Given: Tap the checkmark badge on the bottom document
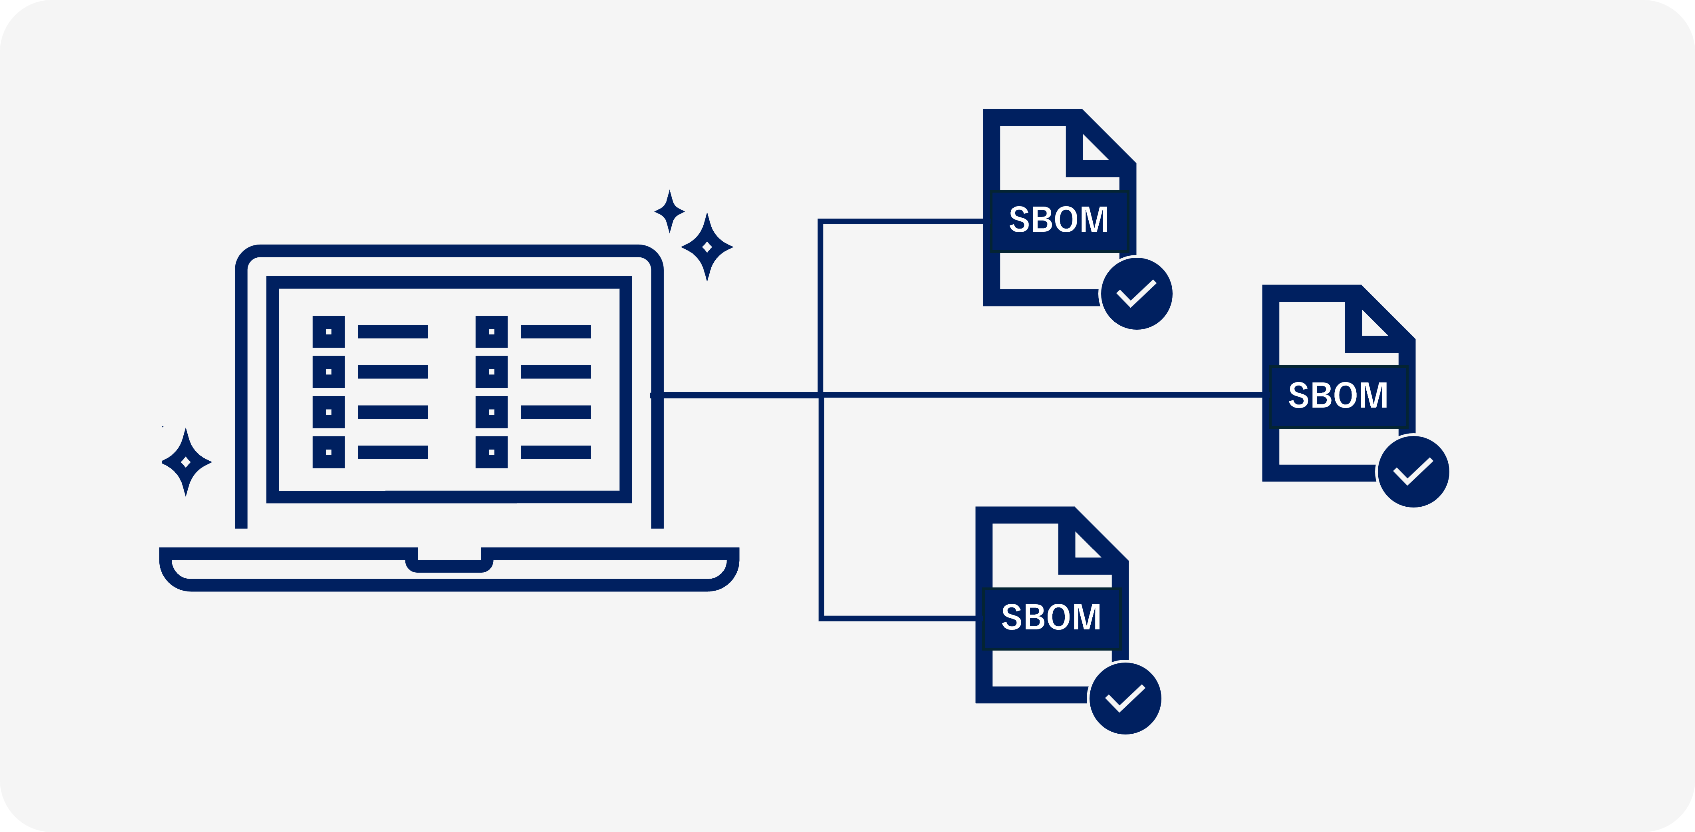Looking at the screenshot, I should (1125, 699).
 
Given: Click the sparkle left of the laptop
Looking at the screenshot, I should (186, 462).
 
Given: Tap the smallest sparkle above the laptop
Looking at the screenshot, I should (670, 211).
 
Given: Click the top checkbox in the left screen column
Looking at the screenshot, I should (328, 332).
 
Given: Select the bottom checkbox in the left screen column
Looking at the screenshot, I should (328, 452).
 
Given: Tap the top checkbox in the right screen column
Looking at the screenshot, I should (492, 332).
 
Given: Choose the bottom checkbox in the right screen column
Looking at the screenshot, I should (492, 452).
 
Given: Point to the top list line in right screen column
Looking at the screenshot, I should (556, 332).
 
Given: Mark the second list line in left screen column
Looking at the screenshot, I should (393, 372).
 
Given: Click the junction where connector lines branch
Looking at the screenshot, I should (820, 395).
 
